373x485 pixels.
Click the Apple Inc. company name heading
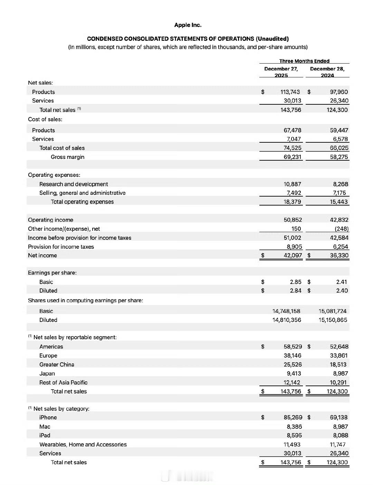(x=188, y=25)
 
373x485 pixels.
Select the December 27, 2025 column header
(x=281, y=72)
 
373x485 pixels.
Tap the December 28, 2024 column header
(x=327, y=72)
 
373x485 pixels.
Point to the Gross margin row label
(x=67, y=157)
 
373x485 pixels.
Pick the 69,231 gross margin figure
(x=292, y=157)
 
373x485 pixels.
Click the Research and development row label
(x=74, y=184)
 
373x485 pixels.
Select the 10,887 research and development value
(x=292, y=184)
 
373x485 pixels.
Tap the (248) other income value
(x=342, y=229)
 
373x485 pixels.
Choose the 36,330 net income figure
(x=339, y=255)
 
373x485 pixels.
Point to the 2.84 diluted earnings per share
(x=295, y=291)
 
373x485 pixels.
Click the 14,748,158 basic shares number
(x=286, y=311)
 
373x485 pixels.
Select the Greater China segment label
(x=57, y=364)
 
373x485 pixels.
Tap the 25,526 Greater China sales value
(x=293, y=364)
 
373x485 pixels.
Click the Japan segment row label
(x=47, y=373)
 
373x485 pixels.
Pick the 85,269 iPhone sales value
(x=293, y=417)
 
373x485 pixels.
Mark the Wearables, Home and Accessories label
(x=83, y=445)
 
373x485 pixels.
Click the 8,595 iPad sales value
(x=294, y=435)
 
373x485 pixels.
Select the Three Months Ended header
(x=304, y=61)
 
